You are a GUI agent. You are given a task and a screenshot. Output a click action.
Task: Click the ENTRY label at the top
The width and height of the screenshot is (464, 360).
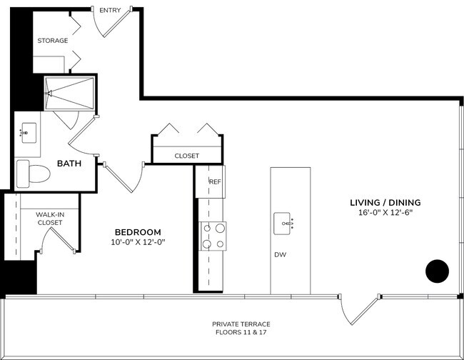click(x=110, y=10)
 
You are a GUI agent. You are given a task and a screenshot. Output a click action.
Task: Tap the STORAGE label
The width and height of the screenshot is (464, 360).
click(x=53, y=41)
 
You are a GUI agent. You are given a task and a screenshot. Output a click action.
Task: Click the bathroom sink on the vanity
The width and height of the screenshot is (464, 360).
click(x=29, y=132)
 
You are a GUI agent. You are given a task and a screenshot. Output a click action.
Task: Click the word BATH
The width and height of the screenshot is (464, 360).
click(x=69, y=164)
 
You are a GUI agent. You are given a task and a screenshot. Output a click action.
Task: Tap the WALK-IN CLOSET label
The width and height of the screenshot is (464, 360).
click(x=50, y=218)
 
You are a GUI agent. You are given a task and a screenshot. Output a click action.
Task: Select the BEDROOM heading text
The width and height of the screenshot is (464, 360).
click(x=138, y=232)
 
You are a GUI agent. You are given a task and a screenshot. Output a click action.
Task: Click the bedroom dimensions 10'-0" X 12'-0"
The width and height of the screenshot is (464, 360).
click(x=138, y=242)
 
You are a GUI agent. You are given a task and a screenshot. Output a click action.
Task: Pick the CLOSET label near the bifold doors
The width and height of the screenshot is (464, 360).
click(x=186, y=156)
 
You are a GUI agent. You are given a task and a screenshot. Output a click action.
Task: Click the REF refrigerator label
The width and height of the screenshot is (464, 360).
click(x=215, y=181)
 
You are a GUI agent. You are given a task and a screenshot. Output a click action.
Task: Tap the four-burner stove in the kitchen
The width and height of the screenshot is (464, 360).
click(x=213, y=236)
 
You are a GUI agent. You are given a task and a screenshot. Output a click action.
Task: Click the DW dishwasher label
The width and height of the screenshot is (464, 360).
click(x=280, y=254)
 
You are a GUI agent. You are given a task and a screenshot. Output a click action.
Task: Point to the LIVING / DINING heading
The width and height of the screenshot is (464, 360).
click(x=385, y=202)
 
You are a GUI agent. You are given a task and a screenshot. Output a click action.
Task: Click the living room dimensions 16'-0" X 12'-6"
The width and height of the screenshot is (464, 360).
click(x=385, y=213)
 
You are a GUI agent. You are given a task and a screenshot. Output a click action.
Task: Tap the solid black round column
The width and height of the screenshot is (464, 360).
click(x=437, y=271)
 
